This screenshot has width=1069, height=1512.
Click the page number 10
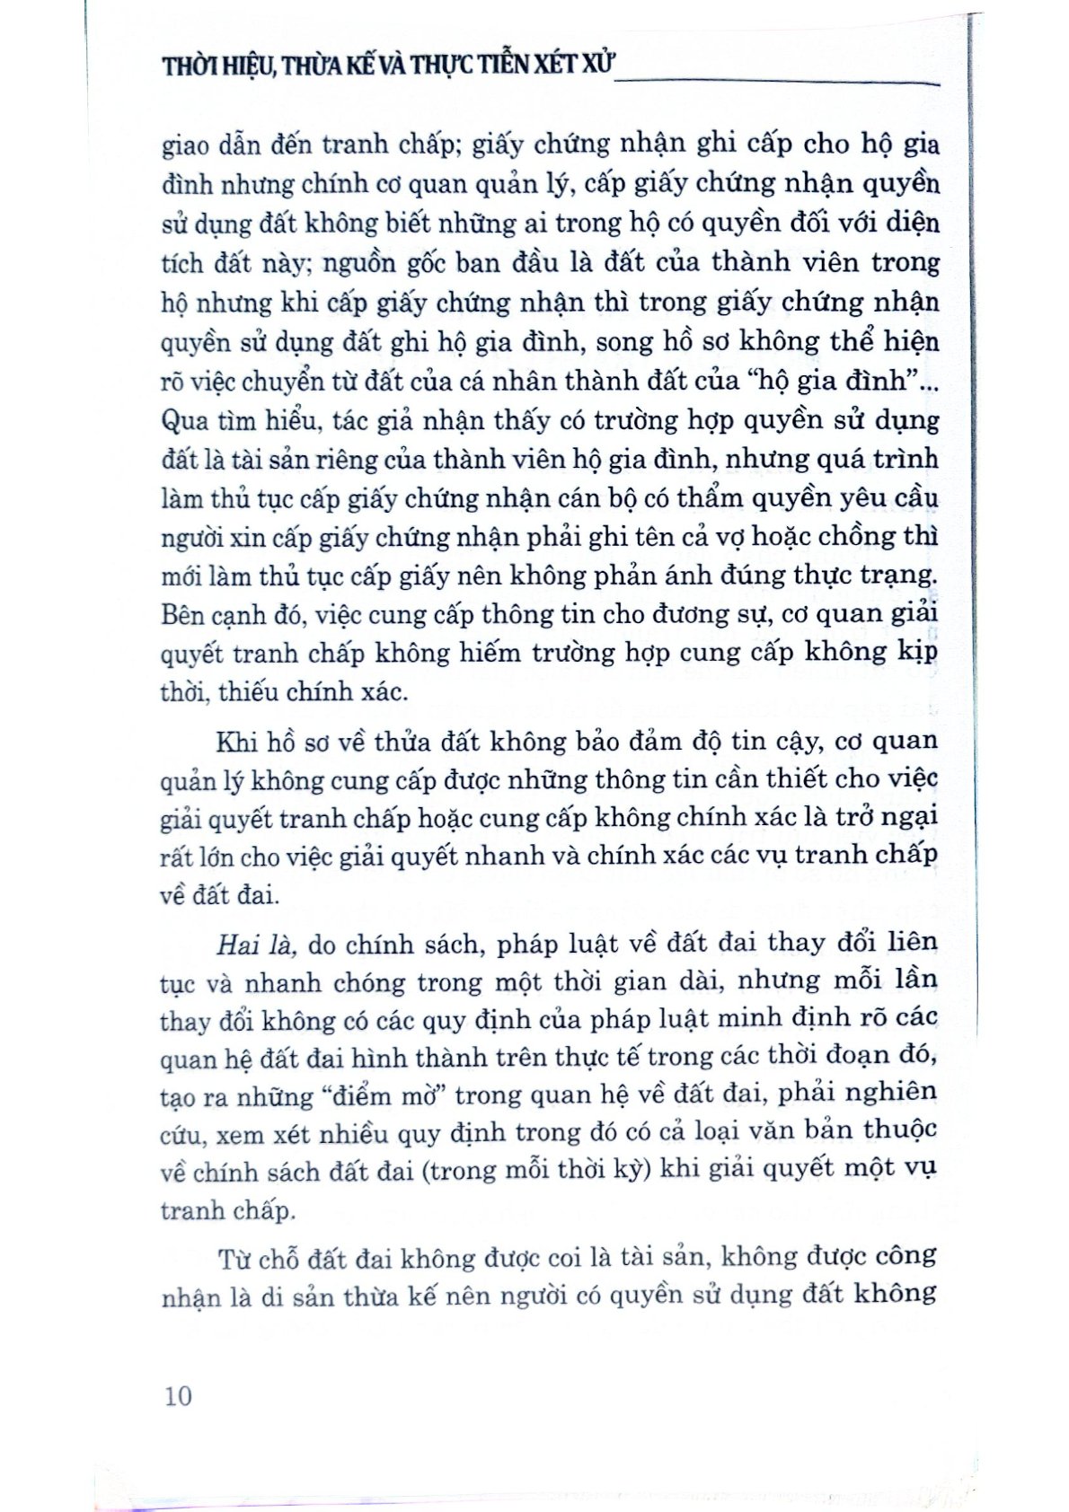179,1395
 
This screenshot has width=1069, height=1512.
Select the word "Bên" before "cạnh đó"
184,616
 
